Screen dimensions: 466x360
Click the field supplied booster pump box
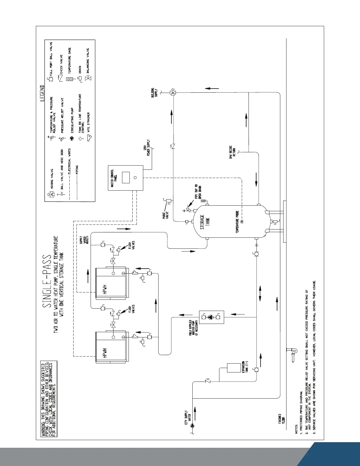(211, 317)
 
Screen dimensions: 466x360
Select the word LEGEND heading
(42, 94)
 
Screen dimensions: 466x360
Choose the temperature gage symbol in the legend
(70, 79)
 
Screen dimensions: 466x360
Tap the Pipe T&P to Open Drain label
(198, 193)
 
